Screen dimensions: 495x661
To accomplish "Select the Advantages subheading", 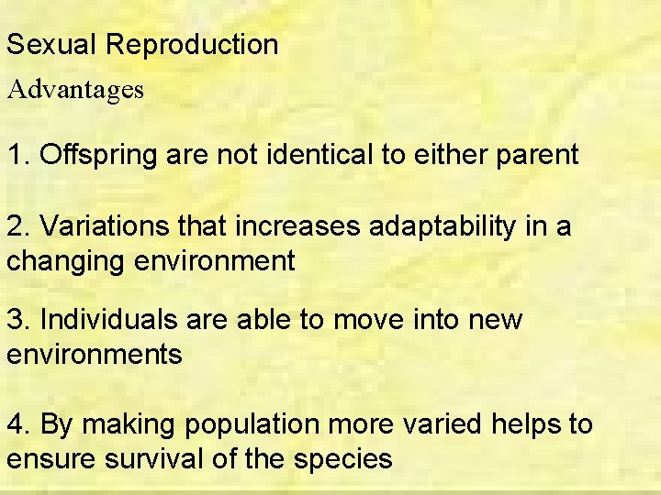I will coord(75,90).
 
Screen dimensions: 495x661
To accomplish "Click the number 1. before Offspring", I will coord(17,155).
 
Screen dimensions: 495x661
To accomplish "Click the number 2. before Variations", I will coord(17,226).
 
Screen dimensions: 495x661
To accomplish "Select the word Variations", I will coord(103,226).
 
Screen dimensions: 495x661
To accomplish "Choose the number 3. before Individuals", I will coord(17,320).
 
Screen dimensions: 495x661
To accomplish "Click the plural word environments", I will coord(95,353).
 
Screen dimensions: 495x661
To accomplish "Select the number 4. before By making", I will coord(17,424).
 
